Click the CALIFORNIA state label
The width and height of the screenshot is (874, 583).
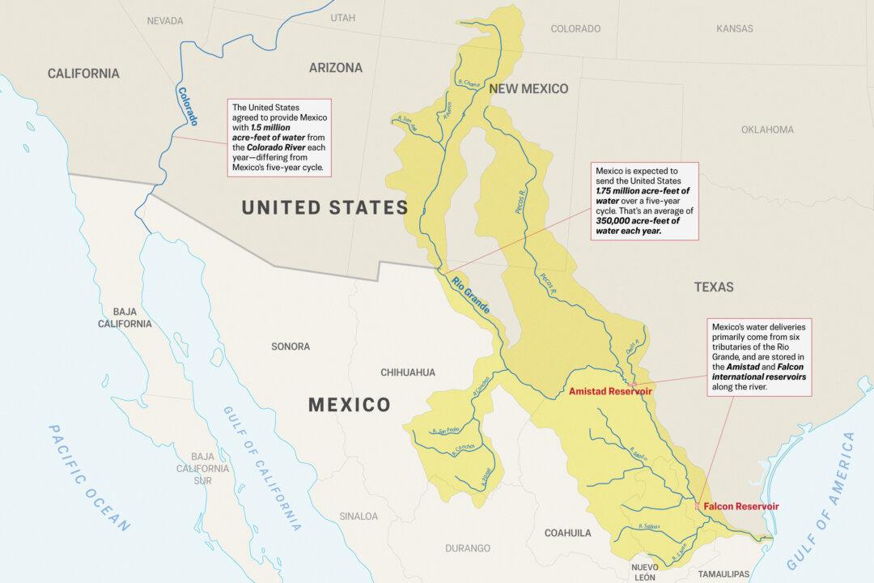click(83, 74)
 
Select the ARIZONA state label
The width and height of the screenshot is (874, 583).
click(335, 68)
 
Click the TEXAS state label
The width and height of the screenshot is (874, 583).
click(713, 287)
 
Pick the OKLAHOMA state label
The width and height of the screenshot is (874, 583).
click(767, 130)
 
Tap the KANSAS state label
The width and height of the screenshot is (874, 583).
click(734, 28)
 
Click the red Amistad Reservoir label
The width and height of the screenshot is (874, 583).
click(610, 392)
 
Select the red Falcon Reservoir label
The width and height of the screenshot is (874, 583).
click(741, 506)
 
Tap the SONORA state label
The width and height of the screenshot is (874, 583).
click(290, 347)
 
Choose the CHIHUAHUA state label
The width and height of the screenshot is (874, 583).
click(408, 372)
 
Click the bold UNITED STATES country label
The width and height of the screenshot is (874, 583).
click(325, 208)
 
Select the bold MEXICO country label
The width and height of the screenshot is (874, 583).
click(349, 404)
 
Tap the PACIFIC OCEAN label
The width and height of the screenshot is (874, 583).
click(89, 478)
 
